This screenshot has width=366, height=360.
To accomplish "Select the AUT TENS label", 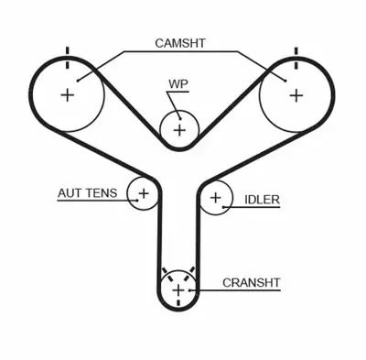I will point(86,194).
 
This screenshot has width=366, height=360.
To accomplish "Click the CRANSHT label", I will point(251,283).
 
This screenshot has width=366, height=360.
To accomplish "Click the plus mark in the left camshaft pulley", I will point(68,94).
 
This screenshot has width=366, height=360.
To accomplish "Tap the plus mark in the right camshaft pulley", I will point(296,94).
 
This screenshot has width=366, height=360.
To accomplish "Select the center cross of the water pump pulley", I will point(179,130).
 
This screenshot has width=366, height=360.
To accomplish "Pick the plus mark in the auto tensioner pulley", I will point(143,193).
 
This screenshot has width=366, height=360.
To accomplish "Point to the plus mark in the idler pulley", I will point(216,197).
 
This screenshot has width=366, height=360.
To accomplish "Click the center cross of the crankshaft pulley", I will point(178,291).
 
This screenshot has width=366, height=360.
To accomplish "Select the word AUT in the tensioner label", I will point(68,194).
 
